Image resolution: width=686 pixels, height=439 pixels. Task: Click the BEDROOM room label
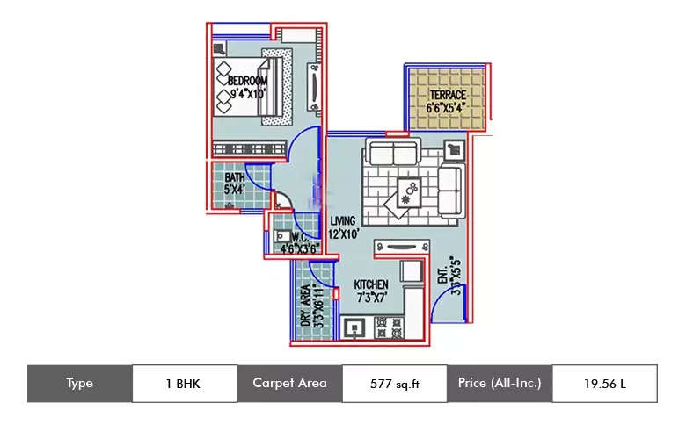point(247,81)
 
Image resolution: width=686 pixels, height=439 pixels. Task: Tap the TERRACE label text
point(448,95)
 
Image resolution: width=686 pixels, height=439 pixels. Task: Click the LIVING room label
point(343,220)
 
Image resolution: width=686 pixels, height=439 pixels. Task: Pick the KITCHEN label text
point(371,285)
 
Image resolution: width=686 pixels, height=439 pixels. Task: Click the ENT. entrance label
point(442,279)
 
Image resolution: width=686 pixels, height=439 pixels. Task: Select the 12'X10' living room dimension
point(346,234)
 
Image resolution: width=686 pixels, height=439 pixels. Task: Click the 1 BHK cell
point(184,384)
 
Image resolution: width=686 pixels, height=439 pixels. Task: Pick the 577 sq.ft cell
point(394,384)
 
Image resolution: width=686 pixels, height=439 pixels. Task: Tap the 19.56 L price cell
point(603,384)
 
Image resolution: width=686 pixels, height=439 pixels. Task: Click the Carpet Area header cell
point(289,384)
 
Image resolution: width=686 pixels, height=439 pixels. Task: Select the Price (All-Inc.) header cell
point(499,384)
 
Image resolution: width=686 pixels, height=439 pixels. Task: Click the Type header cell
point(79,384)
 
